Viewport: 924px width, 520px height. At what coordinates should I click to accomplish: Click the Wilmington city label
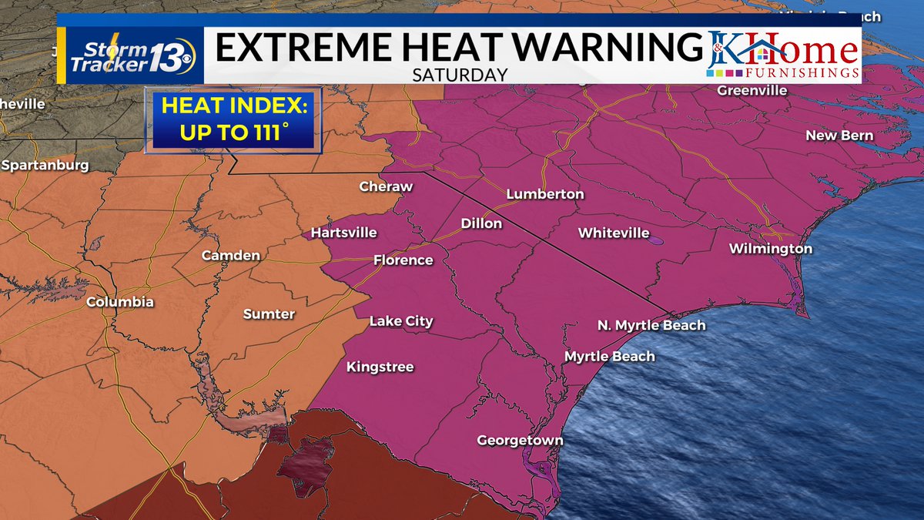click(771, 249)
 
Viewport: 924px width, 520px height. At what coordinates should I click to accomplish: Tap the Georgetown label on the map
click(520, 441)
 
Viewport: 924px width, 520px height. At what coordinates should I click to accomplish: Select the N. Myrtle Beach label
click(651, 325)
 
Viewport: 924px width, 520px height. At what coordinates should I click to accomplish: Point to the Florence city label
click(403, 260)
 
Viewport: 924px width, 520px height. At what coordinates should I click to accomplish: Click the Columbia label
click(119, 302)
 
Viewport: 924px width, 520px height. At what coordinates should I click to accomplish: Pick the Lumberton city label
click(545, 194)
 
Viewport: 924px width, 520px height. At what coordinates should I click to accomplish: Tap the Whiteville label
click(614, 233)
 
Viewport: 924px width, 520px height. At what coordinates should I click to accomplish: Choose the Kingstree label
click(380, 367)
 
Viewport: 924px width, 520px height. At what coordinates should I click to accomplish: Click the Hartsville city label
click(343, 232)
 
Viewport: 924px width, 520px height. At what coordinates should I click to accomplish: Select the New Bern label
click(839, 136)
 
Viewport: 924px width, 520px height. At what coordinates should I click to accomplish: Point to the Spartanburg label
click(45, 165)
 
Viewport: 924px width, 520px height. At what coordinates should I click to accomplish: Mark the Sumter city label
click(269, 314)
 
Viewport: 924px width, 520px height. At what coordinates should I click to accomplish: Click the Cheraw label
click(386, 186)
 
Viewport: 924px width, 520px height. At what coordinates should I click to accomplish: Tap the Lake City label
click(401, 321)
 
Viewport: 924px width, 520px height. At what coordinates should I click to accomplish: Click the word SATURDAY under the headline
click(460, 75)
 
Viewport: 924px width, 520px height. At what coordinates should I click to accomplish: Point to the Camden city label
click(230, 255)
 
